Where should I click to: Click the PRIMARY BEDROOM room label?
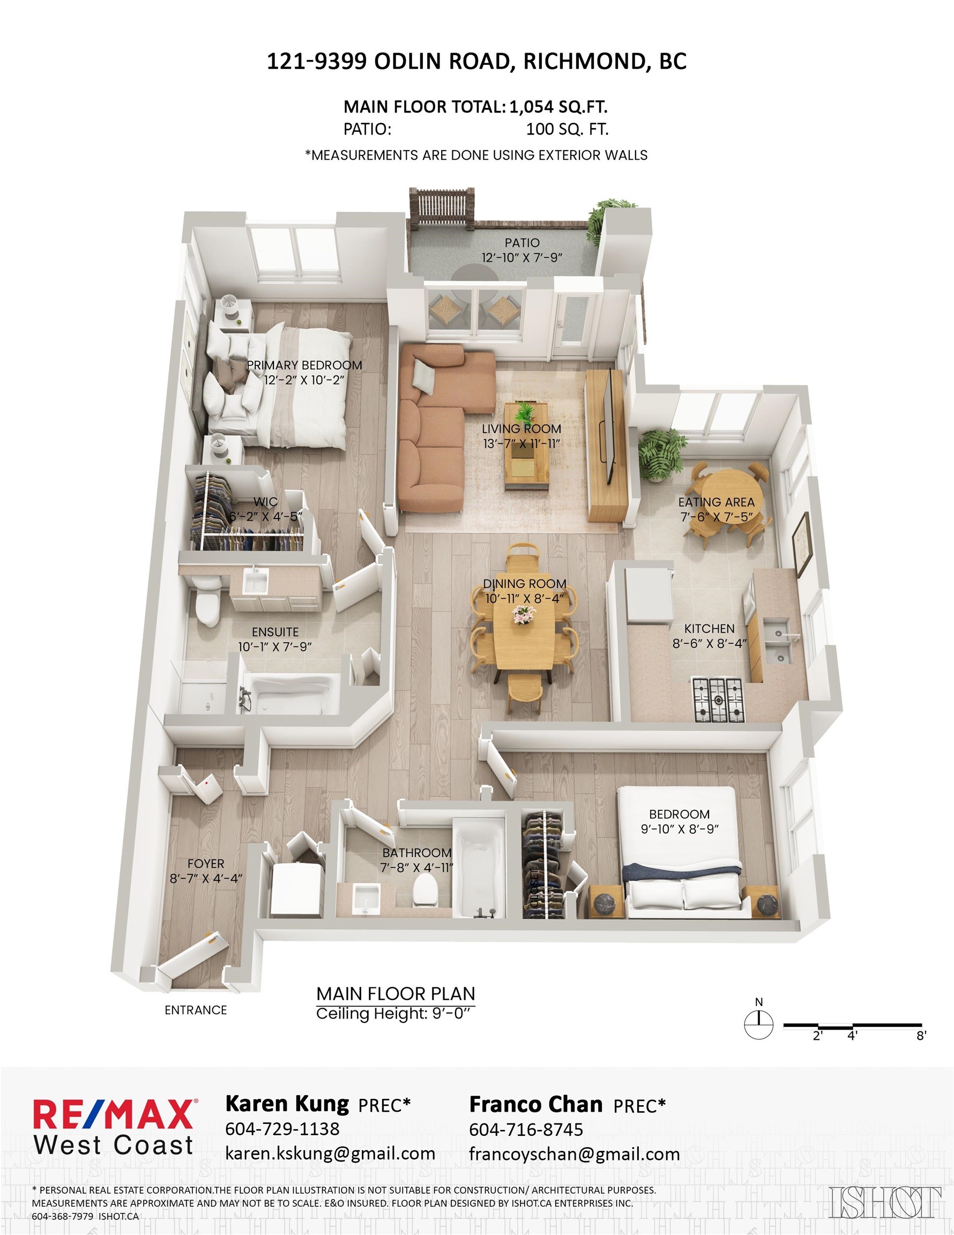click(304, 365)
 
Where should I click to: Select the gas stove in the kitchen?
click(718, 700)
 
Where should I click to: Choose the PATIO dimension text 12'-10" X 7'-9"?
click(522, 258)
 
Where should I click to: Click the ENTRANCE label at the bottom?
click(196, 1010)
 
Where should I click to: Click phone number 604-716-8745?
click(526, 1130)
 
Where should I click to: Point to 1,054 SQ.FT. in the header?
click(558, 107)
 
